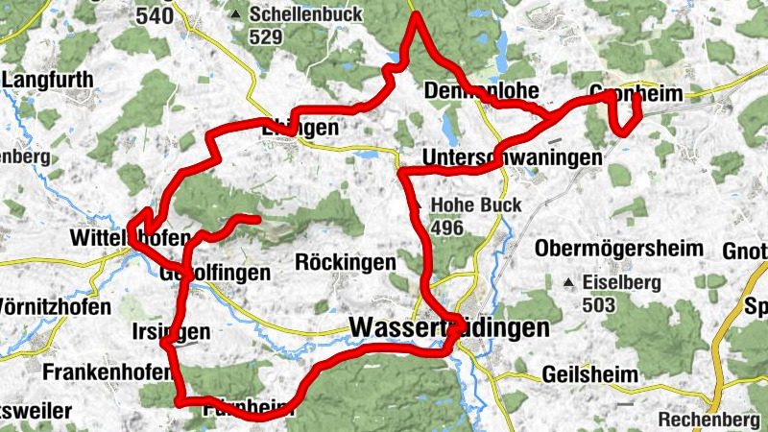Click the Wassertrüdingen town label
pos(449,327)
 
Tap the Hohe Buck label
pos(476,205)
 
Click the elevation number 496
pos(447,228)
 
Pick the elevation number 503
pos(599,305)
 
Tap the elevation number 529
pos(265,37)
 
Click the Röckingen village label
pos(346,262)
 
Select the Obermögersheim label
pos(618,249)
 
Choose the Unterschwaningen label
pos(513,156)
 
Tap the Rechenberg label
pos(708,420)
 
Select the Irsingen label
pos(170,332)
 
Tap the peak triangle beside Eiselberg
pos(569,283)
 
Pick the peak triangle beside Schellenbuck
pos(235,15)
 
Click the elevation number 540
pos(155,16)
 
